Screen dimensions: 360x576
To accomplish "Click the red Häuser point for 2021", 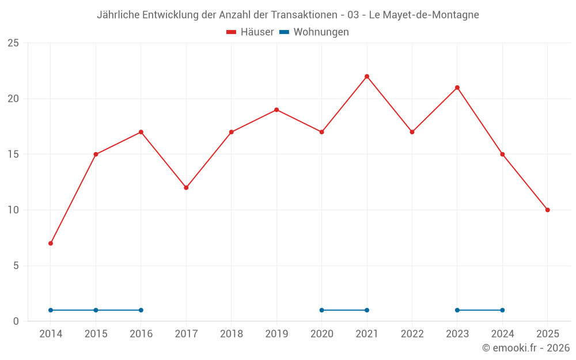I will pos(367,77).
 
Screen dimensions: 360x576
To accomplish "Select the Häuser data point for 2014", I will pos(51,243).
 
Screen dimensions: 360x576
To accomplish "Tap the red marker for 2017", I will pos(186,188).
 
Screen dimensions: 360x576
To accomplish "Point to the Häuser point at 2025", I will pos(547,210).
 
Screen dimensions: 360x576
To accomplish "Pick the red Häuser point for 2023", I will pos(457,88).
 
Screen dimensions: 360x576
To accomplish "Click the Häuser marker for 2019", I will pos(276,110).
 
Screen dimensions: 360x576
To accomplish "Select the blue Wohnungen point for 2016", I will pos(141,310).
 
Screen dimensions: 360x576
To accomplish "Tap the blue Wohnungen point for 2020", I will pos(321,310).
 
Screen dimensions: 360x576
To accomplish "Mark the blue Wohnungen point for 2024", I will pos(502,310).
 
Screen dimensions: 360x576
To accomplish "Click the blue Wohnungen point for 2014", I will pos(51,310).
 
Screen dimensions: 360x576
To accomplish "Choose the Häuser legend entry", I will pos(250,32).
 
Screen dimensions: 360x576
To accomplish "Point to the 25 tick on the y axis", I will pos(13,43).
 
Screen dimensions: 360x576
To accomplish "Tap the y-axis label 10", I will pos(13,210).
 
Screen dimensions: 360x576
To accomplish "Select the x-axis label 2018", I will pos(231,334).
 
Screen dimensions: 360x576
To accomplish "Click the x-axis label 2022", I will pos(412,334).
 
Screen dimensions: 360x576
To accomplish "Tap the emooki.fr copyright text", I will pos(526,348).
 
